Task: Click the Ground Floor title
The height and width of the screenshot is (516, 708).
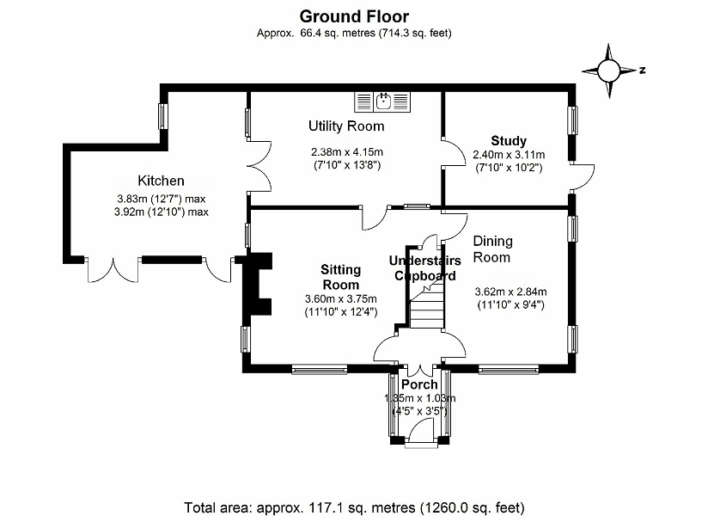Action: (353, 15)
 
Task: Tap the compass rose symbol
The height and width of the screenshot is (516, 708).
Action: (610, 71)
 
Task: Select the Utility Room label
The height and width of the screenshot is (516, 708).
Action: (346, 126)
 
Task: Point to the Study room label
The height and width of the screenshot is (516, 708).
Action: (509, 141)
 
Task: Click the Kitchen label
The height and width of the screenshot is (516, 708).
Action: (161, 181)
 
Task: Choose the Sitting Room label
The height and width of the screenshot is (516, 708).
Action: (340, 277)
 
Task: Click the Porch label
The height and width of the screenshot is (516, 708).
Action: (420, 384)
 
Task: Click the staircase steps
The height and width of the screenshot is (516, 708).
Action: (425, 310)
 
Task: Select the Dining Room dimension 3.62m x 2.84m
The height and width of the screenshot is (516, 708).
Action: (510, 291)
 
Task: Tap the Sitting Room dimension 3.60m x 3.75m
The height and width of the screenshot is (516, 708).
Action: (341, 298)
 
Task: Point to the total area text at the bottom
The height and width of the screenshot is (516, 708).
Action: (354, 507)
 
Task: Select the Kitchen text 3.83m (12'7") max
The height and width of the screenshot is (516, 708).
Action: (161, 198)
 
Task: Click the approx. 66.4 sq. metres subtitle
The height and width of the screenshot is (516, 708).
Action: (354, 33)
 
